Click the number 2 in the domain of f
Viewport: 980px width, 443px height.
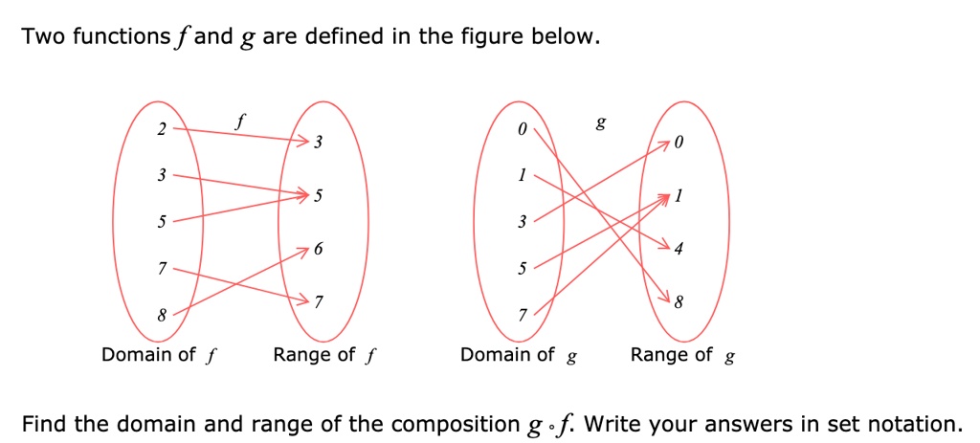(x=163, y=129)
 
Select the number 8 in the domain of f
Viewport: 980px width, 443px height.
(x=163, y=314)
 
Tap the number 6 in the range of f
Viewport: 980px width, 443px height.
(x=319, y=249)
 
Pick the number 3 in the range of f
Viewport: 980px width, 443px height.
(x=319, y=144)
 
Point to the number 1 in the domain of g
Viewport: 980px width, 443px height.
(x=522, y=176)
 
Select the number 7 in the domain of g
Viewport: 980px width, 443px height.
(x=522, y=316)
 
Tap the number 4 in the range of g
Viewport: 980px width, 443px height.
(x=679, y=250)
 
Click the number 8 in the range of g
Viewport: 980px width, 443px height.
(x=679, y=304)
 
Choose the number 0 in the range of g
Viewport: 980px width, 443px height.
(x=679, y=144)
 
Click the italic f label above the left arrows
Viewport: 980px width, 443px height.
(x=240, y=122)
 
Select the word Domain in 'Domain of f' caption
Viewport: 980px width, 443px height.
(x=136, y=355)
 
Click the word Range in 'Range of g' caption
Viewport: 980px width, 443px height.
(x=657, y=355)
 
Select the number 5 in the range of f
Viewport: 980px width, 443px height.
(x=319, y=196)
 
